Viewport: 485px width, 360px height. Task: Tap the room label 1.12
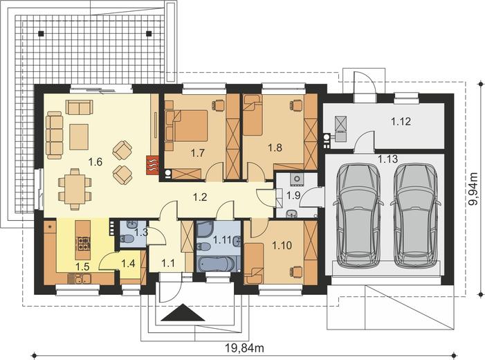401,122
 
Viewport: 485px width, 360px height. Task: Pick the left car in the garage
358,215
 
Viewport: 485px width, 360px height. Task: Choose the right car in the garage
417,215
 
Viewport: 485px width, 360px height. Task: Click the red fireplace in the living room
153,165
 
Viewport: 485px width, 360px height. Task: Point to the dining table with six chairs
74,188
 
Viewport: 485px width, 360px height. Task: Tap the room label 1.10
282,244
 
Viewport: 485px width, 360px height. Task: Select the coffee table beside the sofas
78,136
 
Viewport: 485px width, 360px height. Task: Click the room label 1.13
388,159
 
